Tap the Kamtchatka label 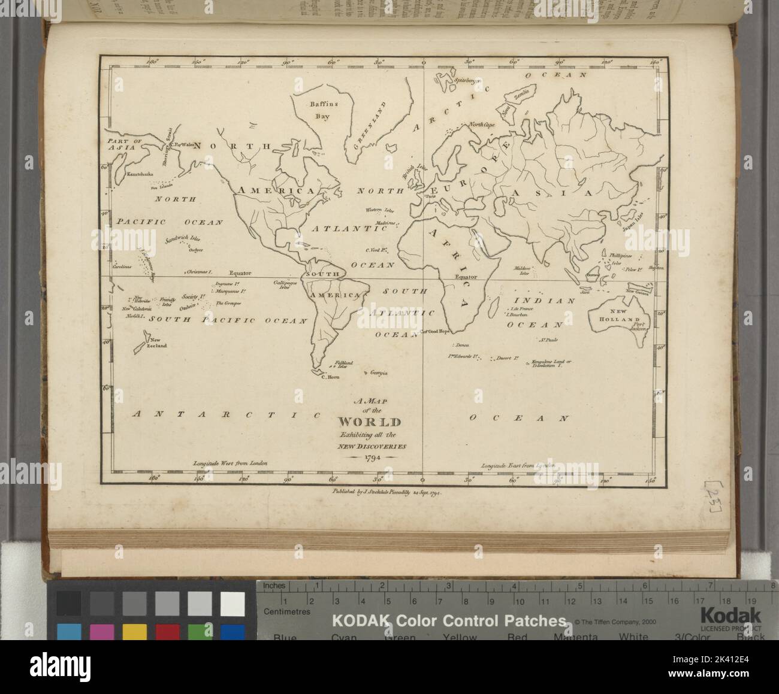click(137, 174)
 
